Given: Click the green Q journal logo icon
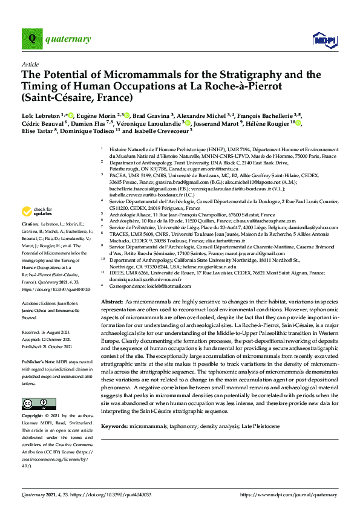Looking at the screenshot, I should coord(31,40).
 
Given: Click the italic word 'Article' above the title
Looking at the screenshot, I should coord(30,64).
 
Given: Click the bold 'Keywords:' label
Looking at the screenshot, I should coord(115,409).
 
